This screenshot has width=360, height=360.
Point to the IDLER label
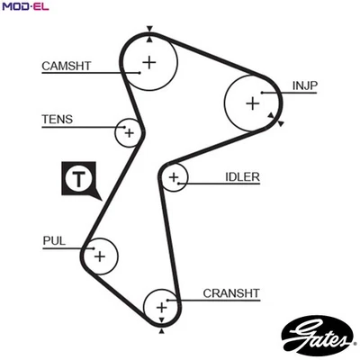pyautogui.click(x=242, y=177)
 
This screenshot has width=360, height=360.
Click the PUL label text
pyautogui.click(x=54, y=240)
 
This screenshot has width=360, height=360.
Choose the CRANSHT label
pyautogui.click(x=230, y=292)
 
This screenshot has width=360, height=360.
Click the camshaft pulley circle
pyautogui.click(x=148, y=63)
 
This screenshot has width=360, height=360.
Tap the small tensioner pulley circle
pyautogui.click(x=130, y=133)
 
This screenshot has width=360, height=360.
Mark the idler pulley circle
pyautogui.click(x=174, y=178)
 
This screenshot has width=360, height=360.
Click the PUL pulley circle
pyautogui.click(x=99, y=256)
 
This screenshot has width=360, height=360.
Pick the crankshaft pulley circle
pyautogui.click(x=162, y=308)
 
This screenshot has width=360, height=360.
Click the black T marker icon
pyautogui.click(x=78, y=178)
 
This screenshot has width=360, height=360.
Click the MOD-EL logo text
pyautogui.click(x=24, y=7)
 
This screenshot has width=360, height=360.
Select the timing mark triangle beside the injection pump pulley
pyautogui.click(x=282, y=122)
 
